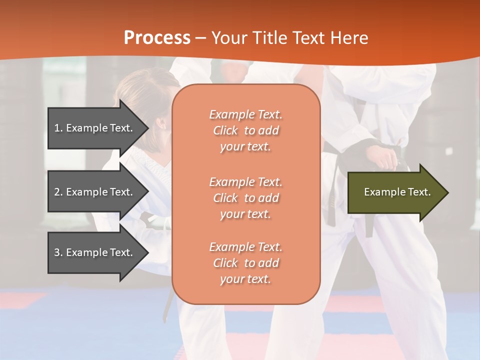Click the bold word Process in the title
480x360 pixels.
[157, 38]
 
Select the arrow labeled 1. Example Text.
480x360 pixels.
[95, 128]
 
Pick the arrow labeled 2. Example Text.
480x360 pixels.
[95, 192]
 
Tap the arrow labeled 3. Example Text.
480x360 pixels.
[95, 252]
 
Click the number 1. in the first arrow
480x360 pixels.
[58, 128]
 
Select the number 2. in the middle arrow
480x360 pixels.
[58, 192]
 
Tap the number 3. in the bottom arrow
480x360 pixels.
[58, 252]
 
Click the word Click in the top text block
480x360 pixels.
[225, 131]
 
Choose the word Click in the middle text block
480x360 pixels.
[225, 198]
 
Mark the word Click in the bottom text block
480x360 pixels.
[225, 263]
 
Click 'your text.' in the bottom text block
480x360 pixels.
[245, 279]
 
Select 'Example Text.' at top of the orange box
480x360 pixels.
[245, 115]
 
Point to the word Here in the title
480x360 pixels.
[351, 38]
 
